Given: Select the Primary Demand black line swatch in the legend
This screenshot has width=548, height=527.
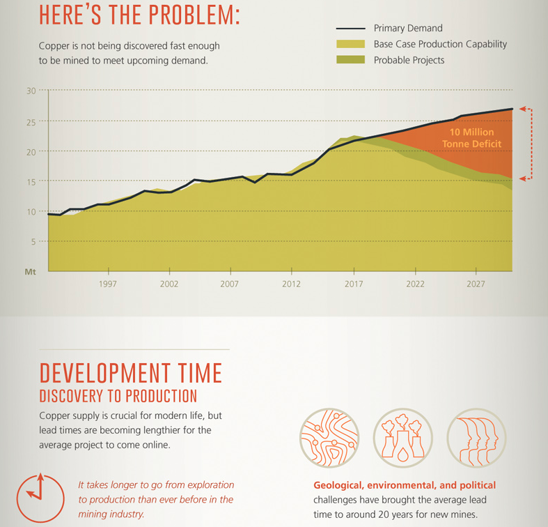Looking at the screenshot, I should (350, 29).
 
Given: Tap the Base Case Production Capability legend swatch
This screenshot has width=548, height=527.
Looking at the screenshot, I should (350, 44).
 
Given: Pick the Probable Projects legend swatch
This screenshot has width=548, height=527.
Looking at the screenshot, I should (350, 60).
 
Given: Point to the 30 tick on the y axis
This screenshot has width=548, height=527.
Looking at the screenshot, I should (31, 91).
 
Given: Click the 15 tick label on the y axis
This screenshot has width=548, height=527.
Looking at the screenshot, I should (31, 181).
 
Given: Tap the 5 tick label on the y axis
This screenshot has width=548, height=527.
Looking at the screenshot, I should (32, 241).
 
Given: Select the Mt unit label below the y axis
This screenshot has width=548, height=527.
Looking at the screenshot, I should (30, 271).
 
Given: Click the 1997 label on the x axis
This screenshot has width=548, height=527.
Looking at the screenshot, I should (108, 284).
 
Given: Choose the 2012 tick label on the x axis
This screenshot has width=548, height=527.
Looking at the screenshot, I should (292, 284).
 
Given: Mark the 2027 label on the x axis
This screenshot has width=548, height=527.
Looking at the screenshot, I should (476, 284).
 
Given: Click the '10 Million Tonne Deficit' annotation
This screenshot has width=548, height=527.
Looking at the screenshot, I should (471, 137).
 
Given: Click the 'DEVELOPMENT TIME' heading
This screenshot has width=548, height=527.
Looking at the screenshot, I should (130, 373).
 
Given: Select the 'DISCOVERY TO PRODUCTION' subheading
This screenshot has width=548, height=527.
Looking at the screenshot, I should (118, 397).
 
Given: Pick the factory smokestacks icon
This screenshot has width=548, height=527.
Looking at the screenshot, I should (400, 437).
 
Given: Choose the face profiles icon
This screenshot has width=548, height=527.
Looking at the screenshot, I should (473, 437).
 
